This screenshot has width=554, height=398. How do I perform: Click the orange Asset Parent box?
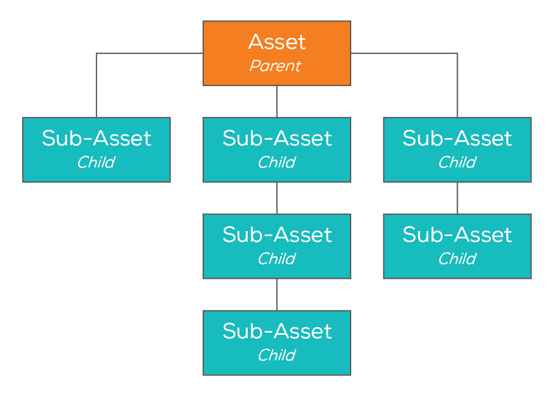(x=276, y=53)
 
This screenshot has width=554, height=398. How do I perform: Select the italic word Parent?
(x=275, y=66)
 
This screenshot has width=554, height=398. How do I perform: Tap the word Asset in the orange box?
(x=276, y=42)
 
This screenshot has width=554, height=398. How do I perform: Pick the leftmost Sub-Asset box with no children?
(x=96, y=150)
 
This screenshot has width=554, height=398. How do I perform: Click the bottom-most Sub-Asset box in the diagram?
(x=276, y=343)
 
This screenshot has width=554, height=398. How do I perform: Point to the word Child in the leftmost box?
(x=96, y=162)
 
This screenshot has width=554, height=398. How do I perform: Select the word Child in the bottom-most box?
(x=276, y=355)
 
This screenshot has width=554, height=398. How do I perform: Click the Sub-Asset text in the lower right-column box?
(x=457, y=235)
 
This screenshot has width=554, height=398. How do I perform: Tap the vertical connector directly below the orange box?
(x=276, y=101)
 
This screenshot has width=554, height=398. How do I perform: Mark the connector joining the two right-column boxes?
(x=457, y=198)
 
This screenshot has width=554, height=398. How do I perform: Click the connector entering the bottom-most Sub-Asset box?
(x=276, y=294)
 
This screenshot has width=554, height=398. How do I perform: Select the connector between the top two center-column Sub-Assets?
(x=276, y=198)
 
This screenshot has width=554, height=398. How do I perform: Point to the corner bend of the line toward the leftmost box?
(x=97, y=54)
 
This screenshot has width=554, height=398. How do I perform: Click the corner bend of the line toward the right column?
(x=457, y=54)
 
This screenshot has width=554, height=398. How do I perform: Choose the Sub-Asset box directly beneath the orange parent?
(x=276, y=150)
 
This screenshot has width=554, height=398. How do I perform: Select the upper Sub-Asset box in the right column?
(x=457, y=150)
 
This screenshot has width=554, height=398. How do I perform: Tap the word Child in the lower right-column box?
(x=457, y=259)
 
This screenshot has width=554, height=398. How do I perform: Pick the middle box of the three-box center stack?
(x=276, y=246)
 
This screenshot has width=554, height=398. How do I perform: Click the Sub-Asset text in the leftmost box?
(x=96, y=139)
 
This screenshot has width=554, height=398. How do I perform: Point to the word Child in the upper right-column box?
(x=457, y=162)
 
